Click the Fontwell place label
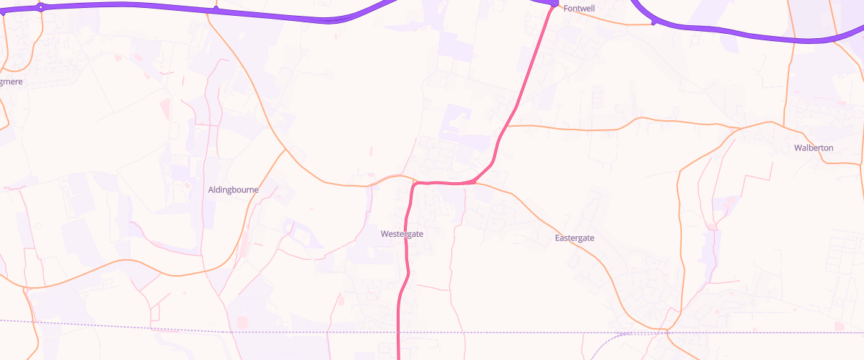tap(580, 9)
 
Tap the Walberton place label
tap(813, 148)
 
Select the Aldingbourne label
tap(233, 190)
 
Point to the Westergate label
tap(402, 234)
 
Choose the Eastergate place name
tap(575, 238)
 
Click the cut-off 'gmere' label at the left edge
tap(12, 82)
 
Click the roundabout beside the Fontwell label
tap(554, 4)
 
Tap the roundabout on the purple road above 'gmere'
tap(40, 7)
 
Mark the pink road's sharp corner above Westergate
tap(415, 184)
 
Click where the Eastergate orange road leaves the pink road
tap(475, 183)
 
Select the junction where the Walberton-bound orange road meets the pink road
tap(508, 126)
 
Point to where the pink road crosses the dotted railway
tap(398, 332)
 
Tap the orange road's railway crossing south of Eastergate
tap(667, 331)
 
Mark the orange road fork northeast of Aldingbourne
tap(287, 150)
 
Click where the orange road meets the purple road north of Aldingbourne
tap(215, 9)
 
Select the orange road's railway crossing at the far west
tap(35, 323)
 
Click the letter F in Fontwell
tap(566, 9)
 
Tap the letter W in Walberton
tap(797, 148)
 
